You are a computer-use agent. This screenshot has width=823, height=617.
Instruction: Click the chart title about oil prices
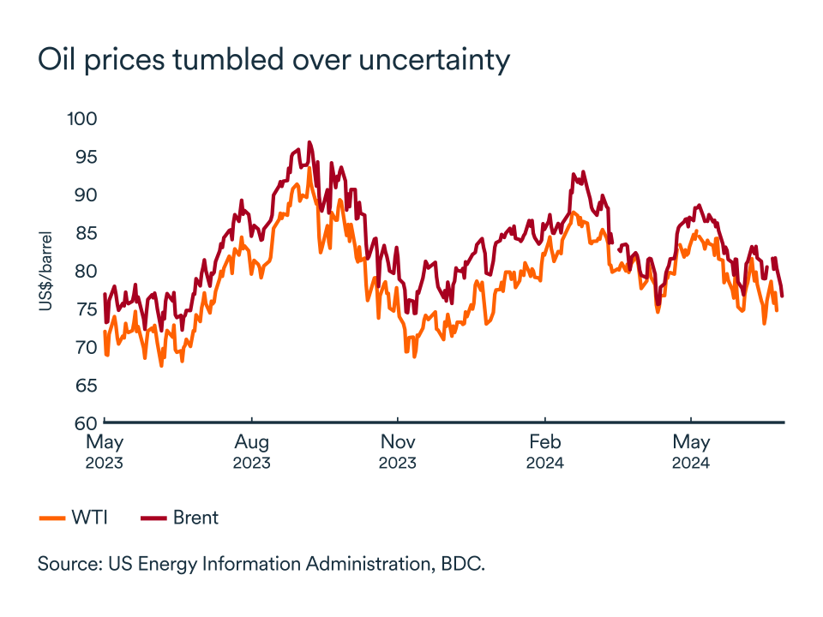(x=273, y=60)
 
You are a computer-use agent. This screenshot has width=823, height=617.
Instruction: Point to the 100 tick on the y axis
(x=82, y=118)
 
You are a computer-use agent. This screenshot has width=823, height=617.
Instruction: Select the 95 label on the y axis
(x=84, y=157)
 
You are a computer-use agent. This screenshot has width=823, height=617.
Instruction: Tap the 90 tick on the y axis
(x=84, y=195)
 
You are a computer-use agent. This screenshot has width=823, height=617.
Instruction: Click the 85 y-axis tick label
(x=84, y=233)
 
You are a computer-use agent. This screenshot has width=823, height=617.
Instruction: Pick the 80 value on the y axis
(x=84, y=271)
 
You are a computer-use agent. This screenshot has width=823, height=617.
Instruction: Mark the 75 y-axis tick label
(x=84, y=309)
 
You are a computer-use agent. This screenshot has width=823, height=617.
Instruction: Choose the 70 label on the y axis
(x=84, y=347)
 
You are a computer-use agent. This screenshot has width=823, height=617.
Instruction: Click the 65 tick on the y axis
(x=84, y=386)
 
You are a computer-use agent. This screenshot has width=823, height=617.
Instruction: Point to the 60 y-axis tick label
(x=84, y=423)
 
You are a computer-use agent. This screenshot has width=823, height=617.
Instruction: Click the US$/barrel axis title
(x=45, y=271)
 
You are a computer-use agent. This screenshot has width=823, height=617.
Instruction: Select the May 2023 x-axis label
(x=105, y=452)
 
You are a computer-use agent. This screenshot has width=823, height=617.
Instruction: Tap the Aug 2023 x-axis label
(x=251, y=452)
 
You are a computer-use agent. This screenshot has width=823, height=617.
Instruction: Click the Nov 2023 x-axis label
(x=398, y=452)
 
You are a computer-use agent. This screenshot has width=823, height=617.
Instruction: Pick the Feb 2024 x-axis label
(x=544, y=452)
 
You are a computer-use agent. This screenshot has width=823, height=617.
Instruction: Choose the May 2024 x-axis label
(x=691, y=452)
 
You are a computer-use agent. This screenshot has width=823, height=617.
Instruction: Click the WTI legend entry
(x=76, y=518)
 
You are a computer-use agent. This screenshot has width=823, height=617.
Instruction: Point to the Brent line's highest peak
(x=309, y=142)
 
